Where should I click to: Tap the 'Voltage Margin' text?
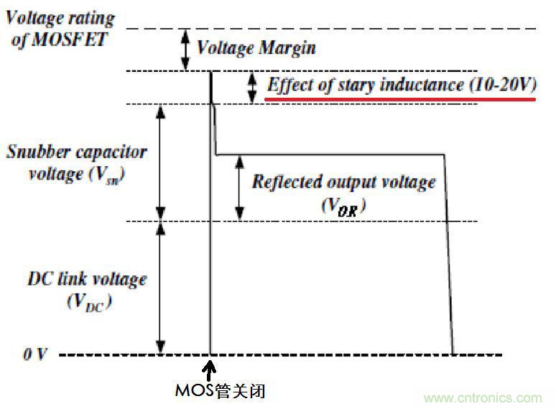[256, 49]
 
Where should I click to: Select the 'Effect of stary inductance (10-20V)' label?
[402, 85]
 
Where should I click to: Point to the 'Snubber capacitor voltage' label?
[76, 162]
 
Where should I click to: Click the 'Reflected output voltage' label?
[343, 182]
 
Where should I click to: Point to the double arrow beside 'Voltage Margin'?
[184, 49]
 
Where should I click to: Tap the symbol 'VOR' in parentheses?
[343, 206]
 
